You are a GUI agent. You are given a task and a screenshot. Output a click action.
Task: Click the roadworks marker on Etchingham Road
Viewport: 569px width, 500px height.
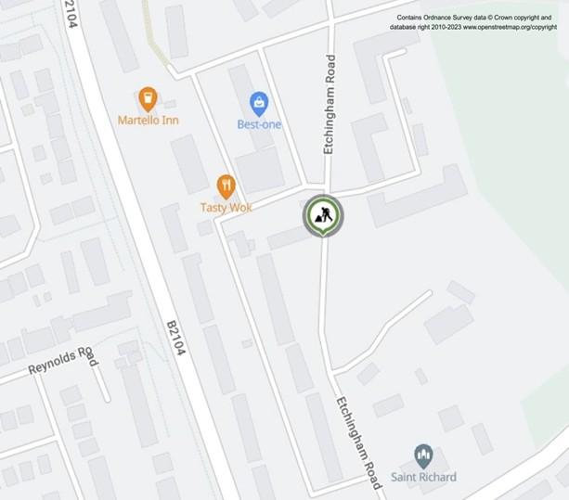(322, 215)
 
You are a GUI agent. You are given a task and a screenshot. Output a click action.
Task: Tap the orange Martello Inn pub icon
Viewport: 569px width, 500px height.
(147, 98)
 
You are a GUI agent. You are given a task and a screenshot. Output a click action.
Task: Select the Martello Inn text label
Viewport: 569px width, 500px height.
(149, 121)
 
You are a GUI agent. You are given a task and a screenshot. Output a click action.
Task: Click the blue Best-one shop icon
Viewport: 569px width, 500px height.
(259, 102)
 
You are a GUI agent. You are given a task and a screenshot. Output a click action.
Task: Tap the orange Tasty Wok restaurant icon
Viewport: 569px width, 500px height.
(226, 186)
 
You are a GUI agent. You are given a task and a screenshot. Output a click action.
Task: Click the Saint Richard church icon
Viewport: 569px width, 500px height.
(423, 455)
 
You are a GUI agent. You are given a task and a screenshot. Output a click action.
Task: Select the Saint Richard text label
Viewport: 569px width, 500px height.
(423, 478)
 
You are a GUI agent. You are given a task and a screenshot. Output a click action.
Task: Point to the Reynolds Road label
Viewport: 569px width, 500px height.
(62, 361)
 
